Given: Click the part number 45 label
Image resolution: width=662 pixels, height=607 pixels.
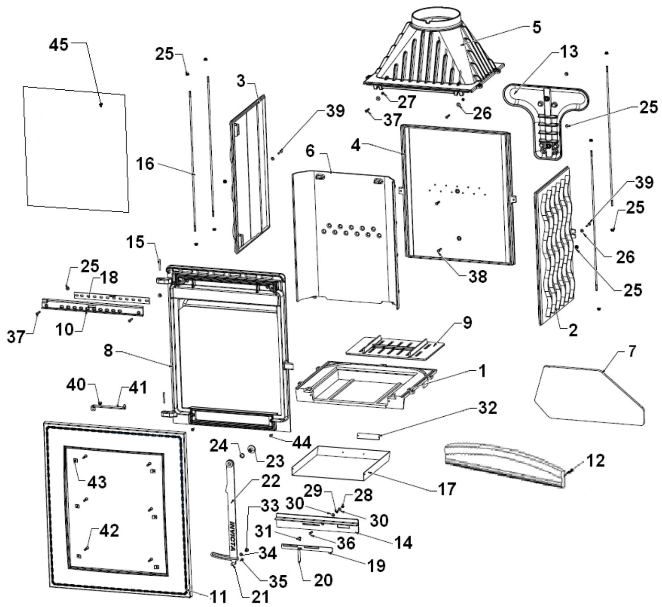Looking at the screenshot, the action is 59,45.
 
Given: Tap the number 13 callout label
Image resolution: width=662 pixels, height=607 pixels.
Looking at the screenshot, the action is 569,52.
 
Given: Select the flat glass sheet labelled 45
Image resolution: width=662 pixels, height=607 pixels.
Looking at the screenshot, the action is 76,149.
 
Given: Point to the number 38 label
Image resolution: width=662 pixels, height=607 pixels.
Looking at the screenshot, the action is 478,276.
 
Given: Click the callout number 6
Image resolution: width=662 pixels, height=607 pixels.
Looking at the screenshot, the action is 310,151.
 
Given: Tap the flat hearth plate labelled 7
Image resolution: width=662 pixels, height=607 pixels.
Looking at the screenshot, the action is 589,395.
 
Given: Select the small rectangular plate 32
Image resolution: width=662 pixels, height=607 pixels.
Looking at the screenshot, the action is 369,436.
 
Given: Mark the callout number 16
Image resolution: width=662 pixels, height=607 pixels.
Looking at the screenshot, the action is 145,164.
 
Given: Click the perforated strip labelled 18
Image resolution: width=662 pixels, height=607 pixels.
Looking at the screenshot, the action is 112,297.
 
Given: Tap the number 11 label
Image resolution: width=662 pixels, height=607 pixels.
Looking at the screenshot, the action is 218,596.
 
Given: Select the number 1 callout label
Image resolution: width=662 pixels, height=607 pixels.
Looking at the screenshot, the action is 482,371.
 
